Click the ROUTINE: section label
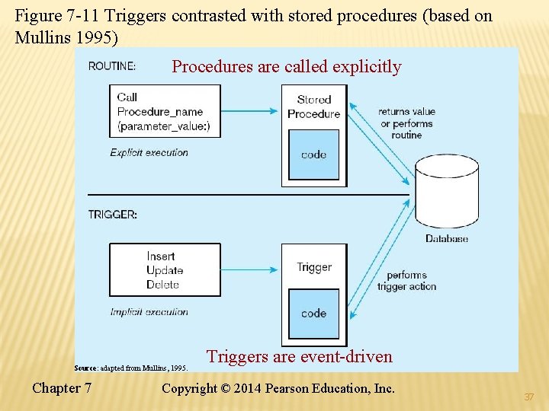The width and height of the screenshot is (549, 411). coord(112,66)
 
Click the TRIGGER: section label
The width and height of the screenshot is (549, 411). coord(113,215)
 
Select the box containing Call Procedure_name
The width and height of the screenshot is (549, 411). coord(165,111)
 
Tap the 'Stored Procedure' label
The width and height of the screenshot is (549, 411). coord(313,107)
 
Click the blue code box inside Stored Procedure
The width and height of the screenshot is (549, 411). coord(313,155)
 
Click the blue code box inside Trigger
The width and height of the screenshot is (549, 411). coord(313,313)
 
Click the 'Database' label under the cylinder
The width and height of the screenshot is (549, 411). coord(447,239)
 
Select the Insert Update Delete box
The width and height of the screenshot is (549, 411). coord(165,270)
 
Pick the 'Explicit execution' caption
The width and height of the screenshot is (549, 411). coord(149,153)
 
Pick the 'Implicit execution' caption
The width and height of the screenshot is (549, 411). coord(149,312)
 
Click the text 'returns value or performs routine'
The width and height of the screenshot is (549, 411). coord(406,123)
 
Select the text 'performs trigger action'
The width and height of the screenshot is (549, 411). coord(406,281)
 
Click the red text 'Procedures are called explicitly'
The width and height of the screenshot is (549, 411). coord(286,67)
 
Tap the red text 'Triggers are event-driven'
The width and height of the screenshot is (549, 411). coord(300,356)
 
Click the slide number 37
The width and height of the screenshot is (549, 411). coord(529,397)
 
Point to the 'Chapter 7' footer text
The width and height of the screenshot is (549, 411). coord(62,388)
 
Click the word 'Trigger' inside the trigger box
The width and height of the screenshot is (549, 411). coord(314,267)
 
